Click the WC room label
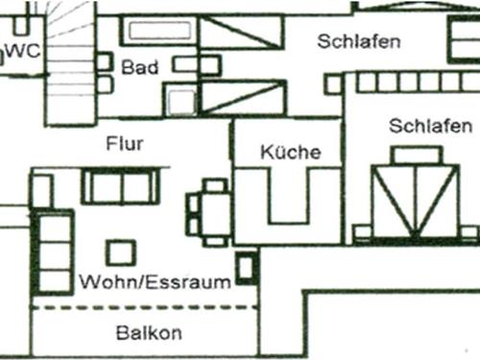click(x=23, y=50)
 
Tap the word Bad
click(x=140, y=66)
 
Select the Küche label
click(x=290, y=152)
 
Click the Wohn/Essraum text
click(x=156, y=281)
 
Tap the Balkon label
click(x=149, y=333)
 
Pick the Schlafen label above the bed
click(x=430, y=126)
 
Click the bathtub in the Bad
click(x=159, y=30)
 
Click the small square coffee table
click(x=121, y=252)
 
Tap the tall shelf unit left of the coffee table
click(x=53, y=252)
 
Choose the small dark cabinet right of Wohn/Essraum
click(x=247, y=267)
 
